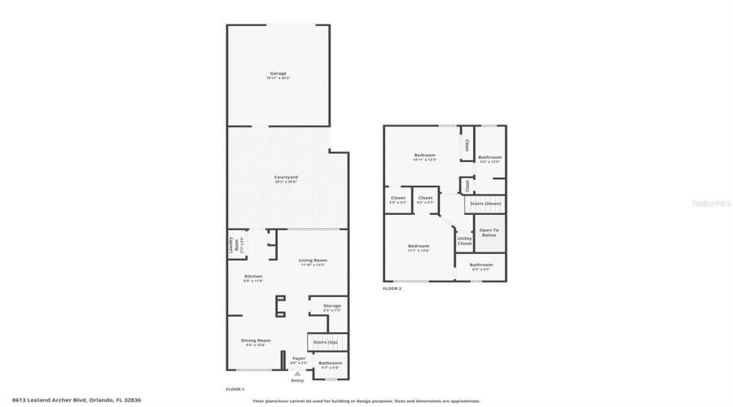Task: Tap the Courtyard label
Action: (286, 178)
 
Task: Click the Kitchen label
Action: (254, 278)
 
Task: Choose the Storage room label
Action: (331, 307)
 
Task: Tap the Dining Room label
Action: (255, 342)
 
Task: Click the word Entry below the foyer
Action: (297, 380)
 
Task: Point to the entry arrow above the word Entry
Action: (297, 373)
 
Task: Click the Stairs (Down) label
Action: (485, 203)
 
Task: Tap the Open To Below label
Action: (489, 232)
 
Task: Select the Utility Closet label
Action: (464, 241)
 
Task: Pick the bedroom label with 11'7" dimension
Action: (419, 247)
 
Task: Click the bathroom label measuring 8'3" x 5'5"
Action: (481, 265)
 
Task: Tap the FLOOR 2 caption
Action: (392, 289)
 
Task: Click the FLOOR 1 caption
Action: (235, 389)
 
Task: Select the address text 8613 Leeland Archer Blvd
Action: (55, 400)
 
